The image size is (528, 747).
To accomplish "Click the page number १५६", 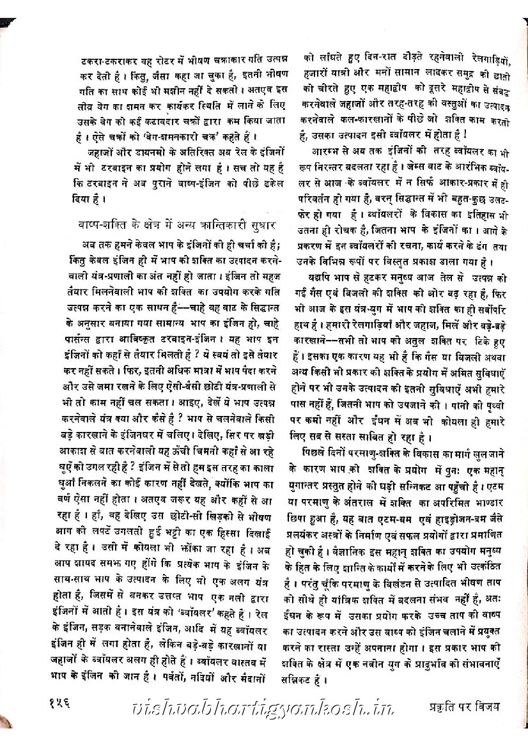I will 61,704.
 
